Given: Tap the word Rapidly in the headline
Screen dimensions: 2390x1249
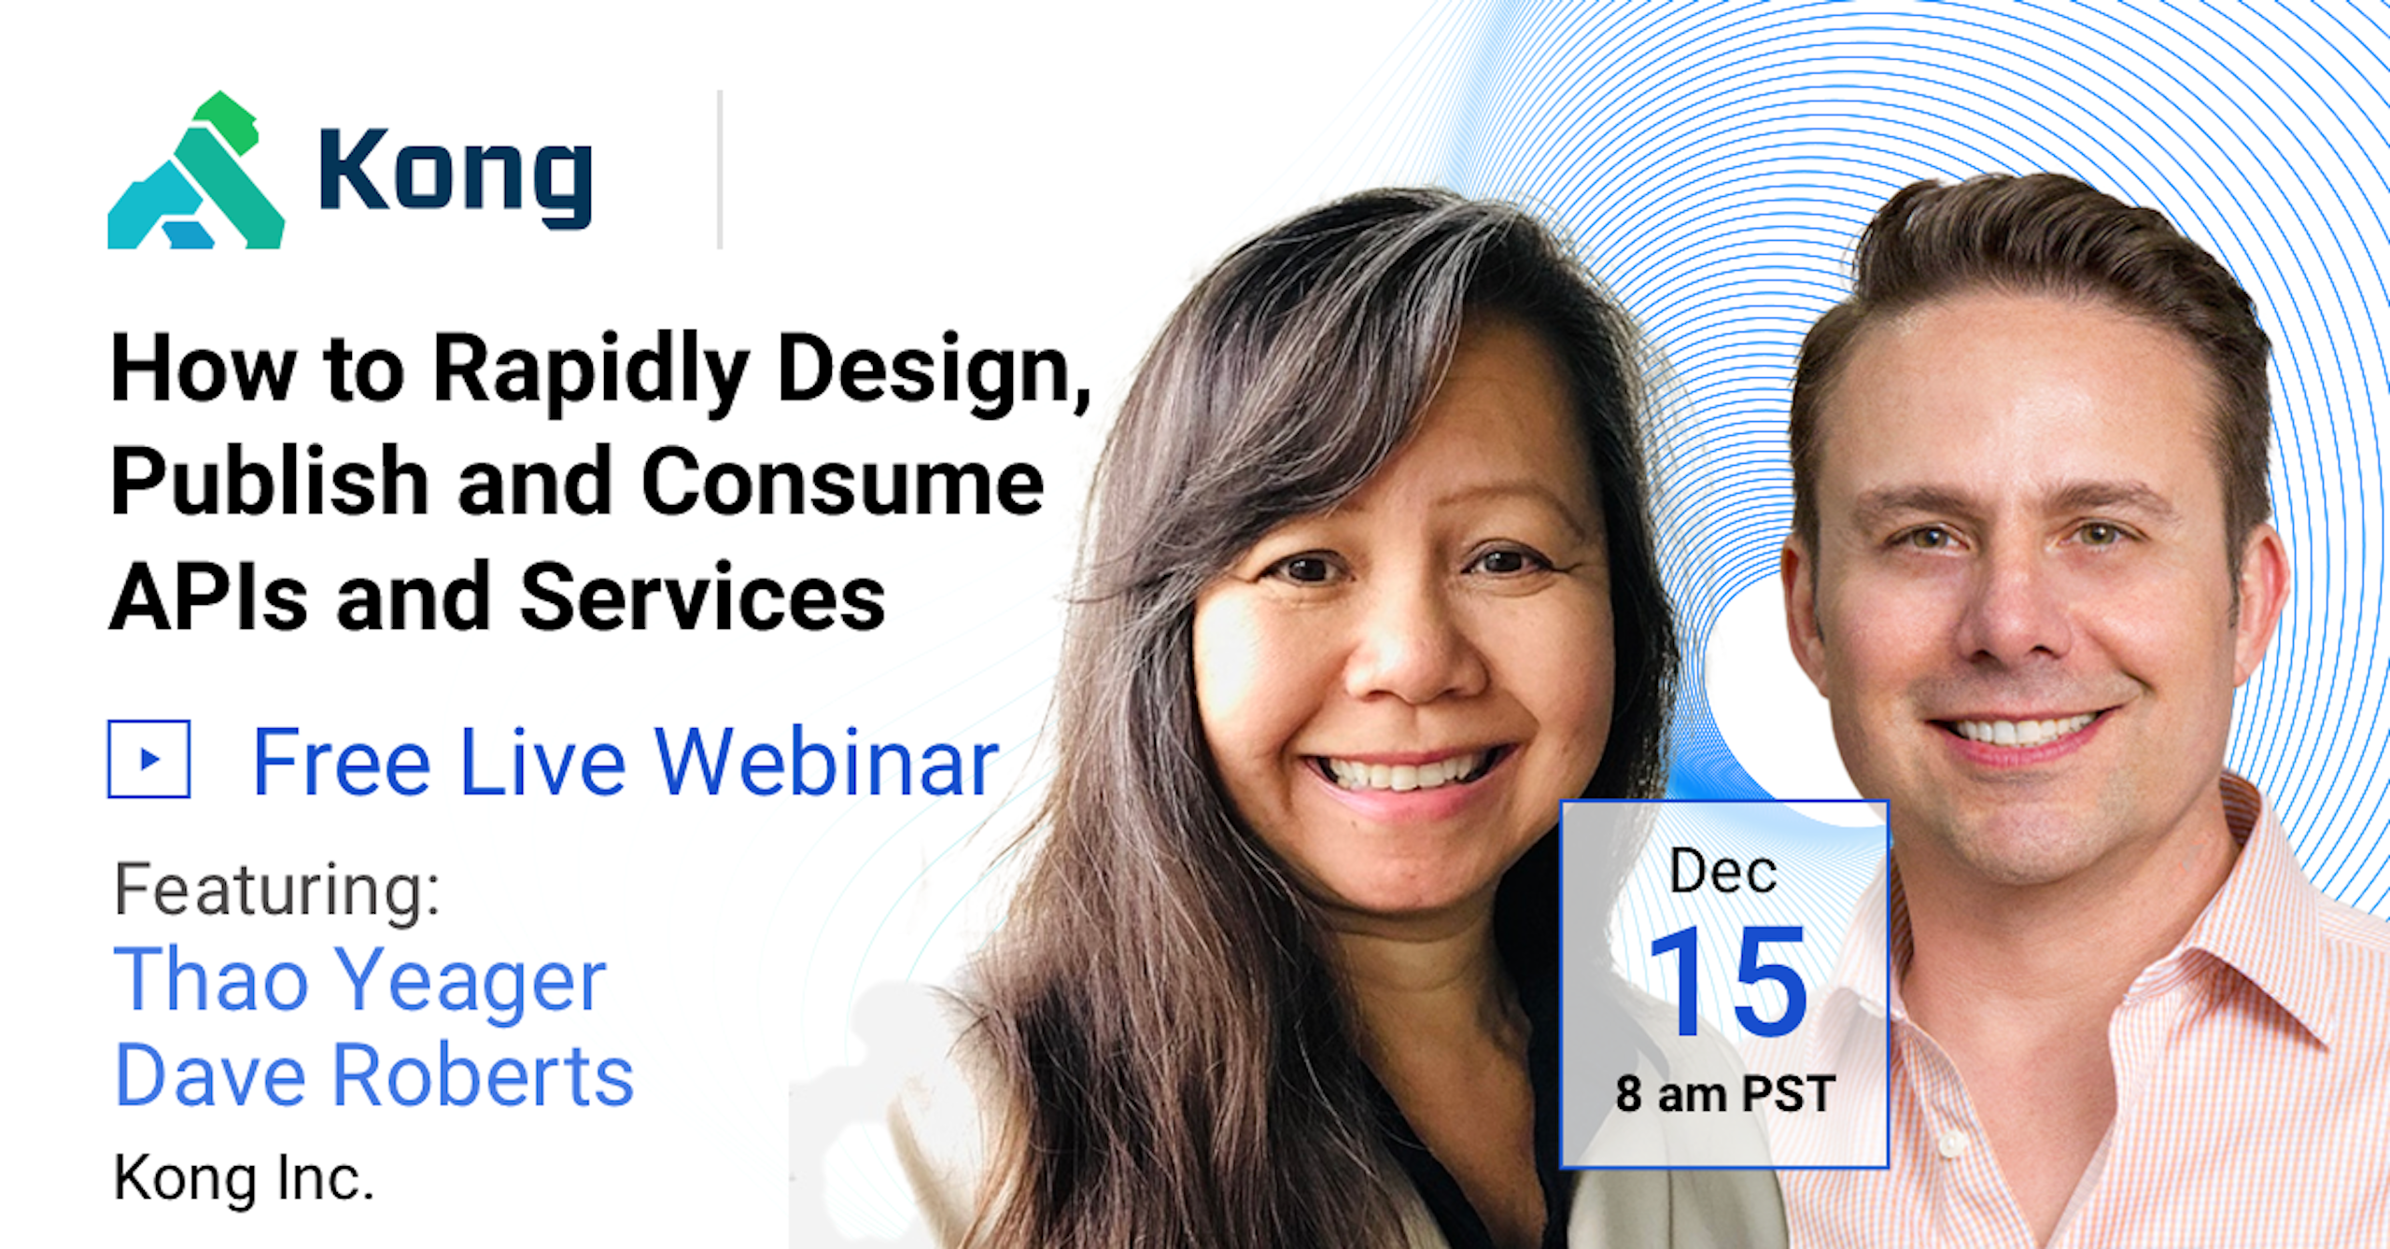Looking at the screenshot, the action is [x=590, y=372].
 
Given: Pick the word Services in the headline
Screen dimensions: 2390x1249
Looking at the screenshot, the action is [x=702, y=597].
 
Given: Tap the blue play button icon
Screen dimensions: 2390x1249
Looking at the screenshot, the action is [x=149, y=759].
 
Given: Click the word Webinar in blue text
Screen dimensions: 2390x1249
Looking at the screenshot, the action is [x=826, y=762].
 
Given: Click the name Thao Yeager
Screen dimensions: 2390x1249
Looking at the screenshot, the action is [x=360, y=980].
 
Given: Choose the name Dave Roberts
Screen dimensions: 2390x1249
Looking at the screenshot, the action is [x=374, y=1075].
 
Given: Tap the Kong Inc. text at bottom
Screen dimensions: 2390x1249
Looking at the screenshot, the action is [x=244, y=1178].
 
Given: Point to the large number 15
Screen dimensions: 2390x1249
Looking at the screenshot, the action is [x=1728, y=982].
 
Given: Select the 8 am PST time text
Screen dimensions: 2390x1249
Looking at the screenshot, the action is [x=1725, y=1094].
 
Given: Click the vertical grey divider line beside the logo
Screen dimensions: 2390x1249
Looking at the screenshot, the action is [x=720, y=170].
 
